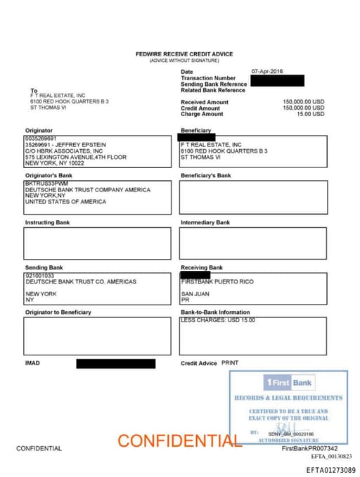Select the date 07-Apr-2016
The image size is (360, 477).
(268, 72)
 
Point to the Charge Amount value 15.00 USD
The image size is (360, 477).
(310, 114)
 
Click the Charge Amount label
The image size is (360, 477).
(202, 114)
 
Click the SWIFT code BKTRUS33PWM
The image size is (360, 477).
(44, 184)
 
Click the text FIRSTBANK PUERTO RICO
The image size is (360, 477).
(217, 282)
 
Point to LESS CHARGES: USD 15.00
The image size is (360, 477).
(217, 320)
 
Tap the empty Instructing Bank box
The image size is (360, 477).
(97, 243)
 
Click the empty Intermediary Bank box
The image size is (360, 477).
(252, 243)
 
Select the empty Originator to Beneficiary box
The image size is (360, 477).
(97, 336)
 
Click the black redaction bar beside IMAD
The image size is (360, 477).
(115, 364)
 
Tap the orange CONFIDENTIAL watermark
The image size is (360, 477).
(179, 441)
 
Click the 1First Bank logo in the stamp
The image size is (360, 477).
(288, 383)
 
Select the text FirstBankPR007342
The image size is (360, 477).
(309, 448)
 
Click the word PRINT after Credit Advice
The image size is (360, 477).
(230, 363)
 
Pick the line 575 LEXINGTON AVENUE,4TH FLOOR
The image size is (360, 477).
(76, 157)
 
